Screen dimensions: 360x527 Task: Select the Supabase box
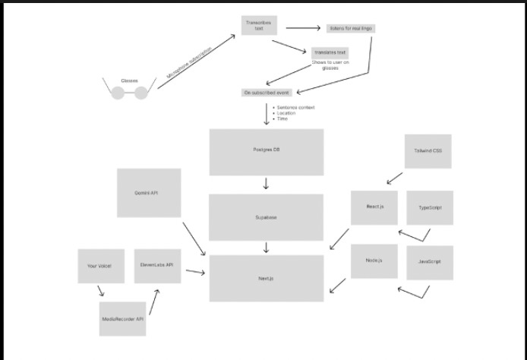tap(266, 218)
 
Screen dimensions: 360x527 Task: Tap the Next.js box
tap(266, 279)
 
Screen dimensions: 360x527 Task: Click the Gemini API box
tap(148, 193)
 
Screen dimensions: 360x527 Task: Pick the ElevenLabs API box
tap(157, 266)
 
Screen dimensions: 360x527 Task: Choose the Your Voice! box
tap(101, 266)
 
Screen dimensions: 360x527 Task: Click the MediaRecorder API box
tap(122, 319)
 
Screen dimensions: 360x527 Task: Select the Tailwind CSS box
tap(428, 151)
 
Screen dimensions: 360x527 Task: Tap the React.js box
tap(374, 207)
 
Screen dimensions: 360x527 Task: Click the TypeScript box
tap(430, 207)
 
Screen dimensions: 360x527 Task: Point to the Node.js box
tap(374, 261)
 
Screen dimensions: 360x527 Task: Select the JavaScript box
tap(430, 262)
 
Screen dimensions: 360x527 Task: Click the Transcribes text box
tap(259, 26)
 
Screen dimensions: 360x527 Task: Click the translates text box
tap(330, 52)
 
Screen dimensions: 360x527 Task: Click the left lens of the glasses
tap(118, 93)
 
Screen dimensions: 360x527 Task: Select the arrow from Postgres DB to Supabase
tap(266, 184)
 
